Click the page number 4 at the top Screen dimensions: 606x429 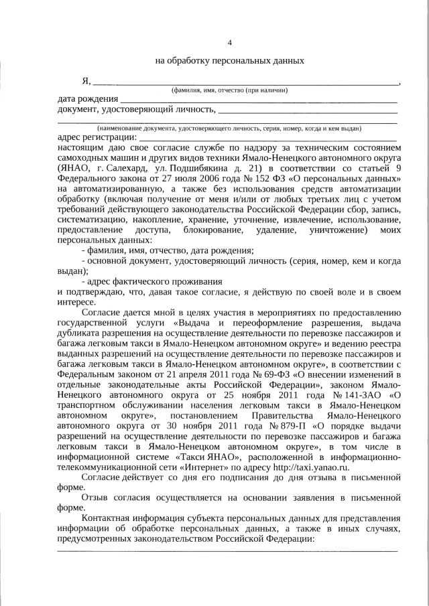pos(229,44)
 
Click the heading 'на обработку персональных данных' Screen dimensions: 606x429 pos(229,60)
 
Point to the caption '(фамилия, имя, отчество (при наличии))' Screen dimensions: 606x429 pos(229,90)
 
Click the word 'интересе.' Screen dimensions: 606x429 pos(76,302)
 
